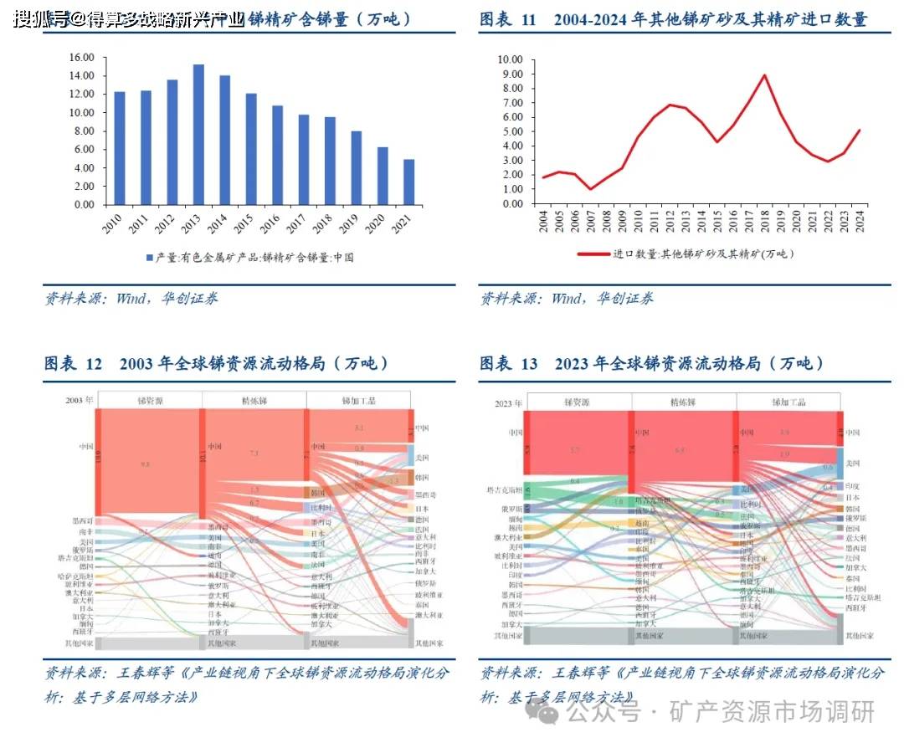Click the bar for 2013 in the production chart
pos(198,134)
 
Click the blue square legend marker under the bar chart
pos(150,257)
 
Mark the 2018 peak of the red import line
pos(763,75)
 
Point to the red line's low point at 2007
pos(589,189)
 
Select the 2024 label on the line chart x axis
pos(860,223)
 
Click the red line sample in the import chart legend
pos(593,254)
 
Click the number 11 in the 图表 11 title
pos(527,19)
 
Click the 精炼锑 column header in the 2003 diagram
pos(254,401)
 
